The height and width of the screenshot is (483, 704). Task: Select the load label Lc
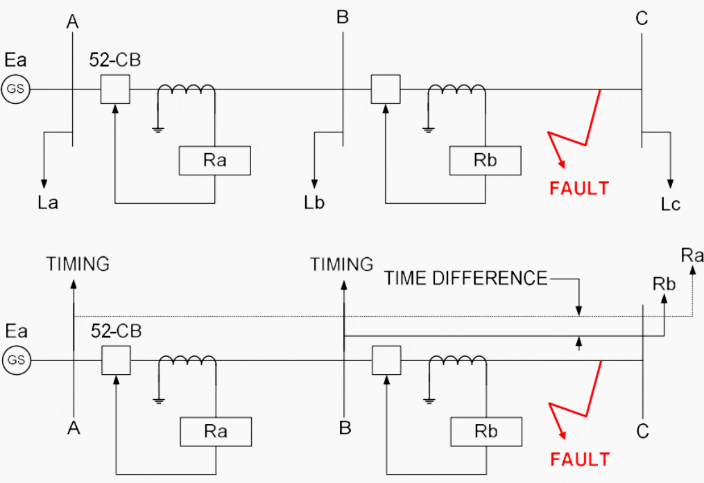pos(671,204)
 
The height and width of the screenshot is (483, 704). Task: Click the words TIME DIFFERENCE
pos(466,279)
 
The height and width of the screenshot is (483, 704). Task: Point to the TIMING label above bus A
pos(78,264)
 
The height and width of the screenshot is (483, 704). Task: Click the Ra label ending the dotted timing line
pos(692,256)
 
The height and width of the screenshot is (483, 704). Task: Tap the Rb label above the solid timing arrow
pos(664,284)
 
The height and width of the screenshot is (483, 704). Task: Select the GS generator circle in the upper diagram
pos(15,89)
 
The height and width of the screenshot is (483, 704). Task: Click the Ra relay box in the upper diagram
pos(215,161)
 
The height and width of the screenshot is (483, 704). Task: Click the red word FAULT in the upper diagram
pos(579,188)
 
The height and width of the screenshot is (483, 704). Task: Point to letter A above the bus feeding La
pos(73,21)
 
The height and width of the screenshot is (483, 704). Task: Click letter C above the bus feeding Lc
pos(642,19)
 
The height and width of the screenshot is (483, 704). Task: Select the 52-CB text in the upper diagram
pos(115,60)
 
